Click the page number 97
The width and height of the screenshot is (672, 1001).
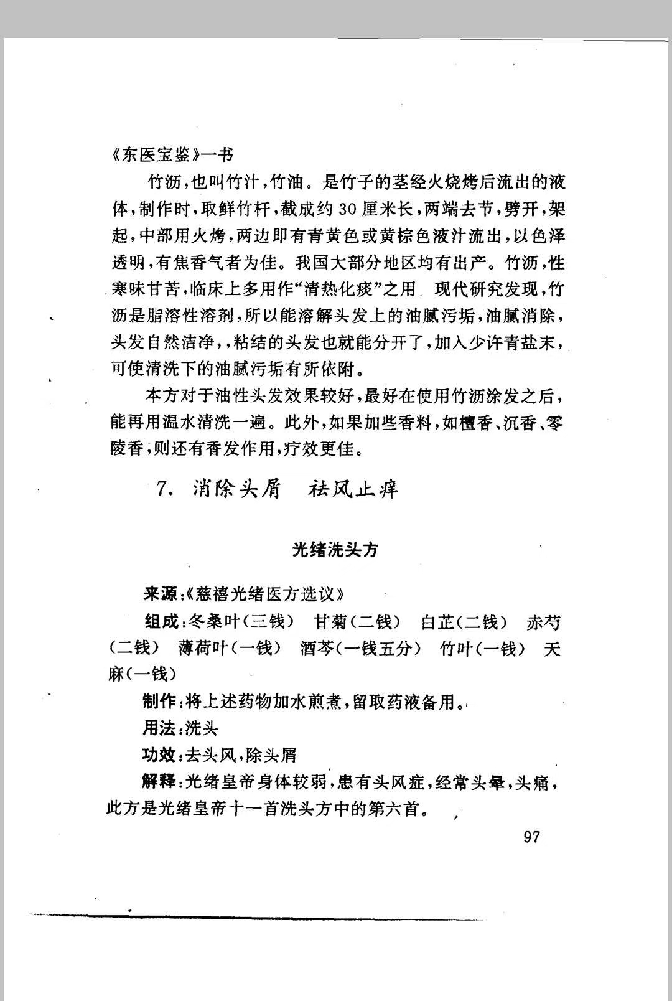pos(532,837)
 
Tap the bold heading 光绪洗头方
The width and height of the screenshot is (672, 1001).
pos(335,549)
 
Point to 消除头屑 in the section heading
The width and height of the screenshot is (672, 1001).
pos(236,489)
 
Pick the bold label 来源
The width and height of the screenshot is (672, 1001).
pos(160,594)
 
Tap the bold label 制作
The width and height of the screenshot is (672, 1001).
pos(160,702)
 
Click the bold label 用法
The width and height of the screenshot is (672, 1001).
pos(159,728)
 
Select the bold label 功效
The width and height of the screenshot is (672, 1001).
pos(159,755)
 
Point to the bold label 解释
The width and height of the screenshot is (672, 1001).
pos(159,782)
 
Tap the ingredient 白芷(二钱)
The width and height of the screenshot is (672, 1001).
pos(464,621)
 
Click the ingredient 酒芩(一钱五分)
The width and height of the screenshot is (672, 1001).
pos(360,648)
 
